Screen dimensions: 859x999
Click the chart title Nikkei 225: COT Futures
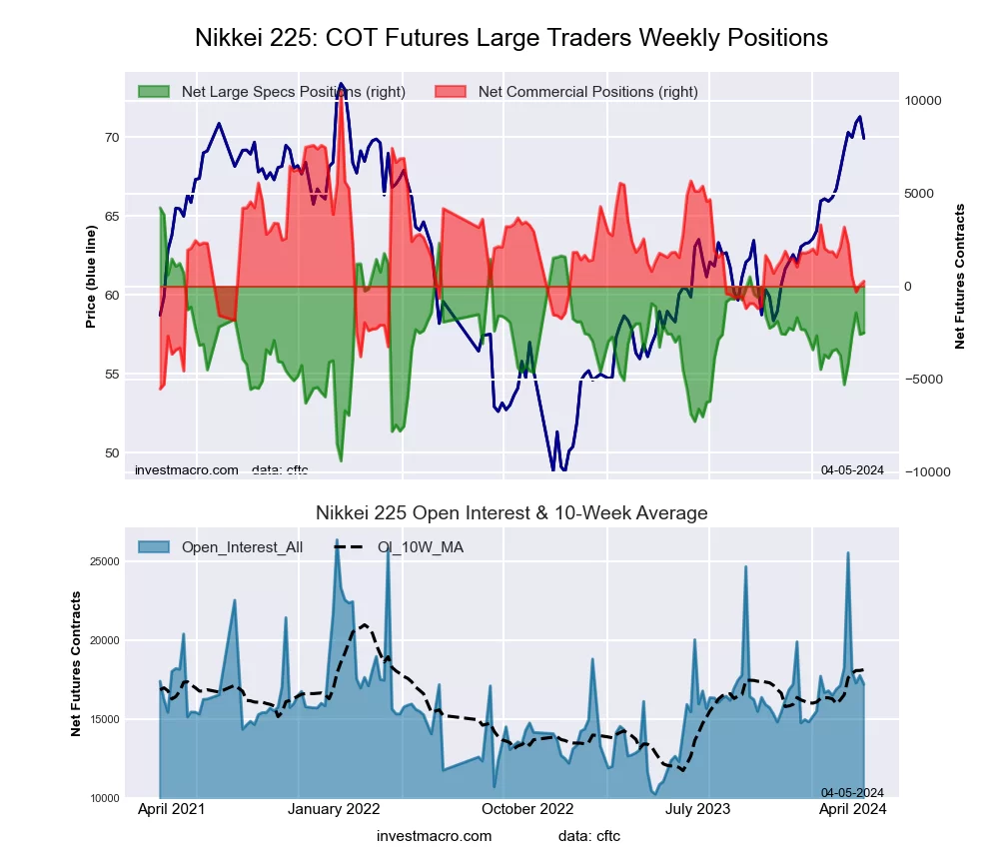[x=510, y=38]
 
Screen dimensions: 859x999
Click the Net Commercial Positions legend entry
[x=587, y=92]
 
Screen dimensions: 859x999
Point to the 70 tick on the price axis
[x=112, y=138]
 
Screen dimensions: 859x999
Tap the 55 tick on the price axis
[x=112, y=375]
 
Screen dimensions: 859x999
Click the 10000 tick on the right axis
[x=924, y=101]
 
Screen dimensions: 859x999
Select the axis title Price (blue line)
[x=91, y=277]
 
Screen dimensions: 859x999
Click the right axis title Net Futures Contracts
[x=961, y=277]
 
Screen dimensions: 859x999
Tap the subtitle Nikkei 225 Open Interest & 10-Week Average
[x=511, y=513]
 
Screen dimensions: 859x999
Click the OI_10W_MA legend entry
[x=420, y=546]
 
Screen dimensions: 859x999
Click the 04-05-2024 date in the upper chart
[x=852, y=470]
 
